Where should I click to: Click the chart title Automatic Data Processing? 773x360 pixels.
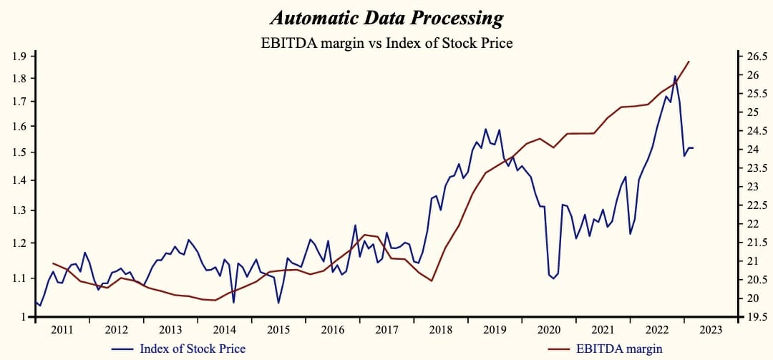click(386, 19)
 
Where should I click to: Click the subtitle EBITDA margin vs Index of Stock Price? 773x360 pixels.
click(386, 43)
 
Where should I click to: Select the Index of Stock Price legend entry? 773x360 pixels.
click(193, 349)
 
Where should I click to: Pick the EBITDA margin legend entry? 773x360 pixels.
click(619, 349)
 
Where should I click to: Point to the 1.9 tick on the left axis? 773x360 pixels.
click(19, 57)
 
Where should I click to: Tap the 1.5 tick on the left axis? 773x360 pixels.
click(19, 152)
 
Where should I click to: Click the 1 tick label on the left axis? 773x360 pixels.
click(24, 317)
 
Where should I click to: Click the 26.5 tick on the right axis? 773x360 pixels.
click(757, 57)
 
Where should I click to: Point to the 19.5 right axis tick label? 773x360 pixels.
click(757, 317)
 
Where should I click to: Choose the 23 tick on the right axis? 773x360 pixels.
click(753, 187)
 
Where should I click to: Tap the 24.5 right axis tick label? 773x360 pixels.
click(757, 131)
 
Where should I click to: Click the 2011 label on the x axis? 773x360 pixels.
click(62, 330)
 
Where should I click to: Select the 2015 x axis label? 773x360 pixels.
click(278, 330)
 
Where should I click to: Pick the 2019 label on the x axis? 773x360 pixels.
click(495, 330)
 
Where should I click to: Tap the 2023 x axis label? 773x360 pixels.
click(711, 330)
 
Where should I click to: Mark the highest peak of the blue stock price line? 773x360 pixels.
click(675, 76)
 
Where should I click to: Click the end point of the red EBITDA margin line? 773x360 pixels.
click(689, 62)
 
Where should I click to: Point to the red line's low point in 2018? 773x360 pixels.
click(432, 281)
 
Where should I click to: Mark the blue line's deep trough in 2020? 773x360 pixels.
click(553, 278)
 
